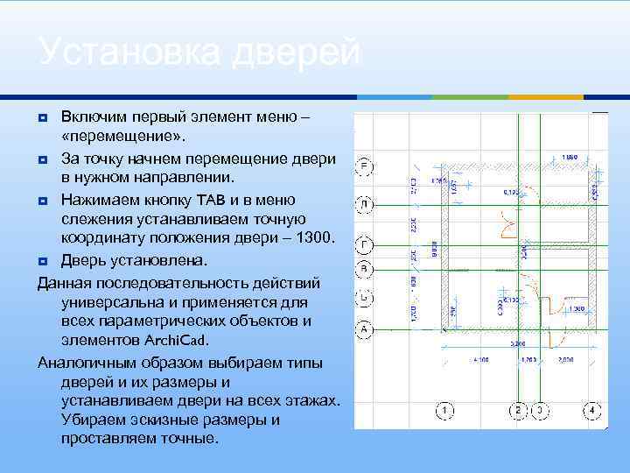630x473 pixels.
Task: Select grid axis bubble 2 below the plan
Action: pos(518,410)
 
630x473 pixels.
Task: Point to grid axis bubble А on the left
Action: pos(365,329)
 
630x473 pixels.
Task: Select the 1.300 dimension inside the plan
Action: pos(577,308)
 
